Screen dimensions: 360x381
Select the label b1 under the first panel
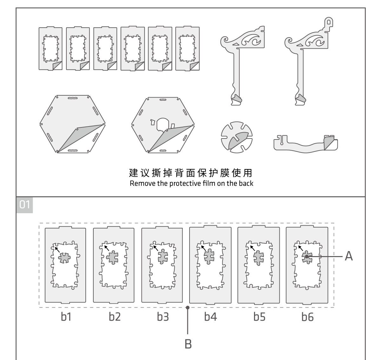tap(66, 317)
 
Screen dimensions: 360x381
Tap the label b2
tap(115, 317)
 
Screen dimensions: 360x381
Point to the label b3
tap(163, 317)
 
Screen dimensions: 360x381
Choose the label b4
tap(211, 317)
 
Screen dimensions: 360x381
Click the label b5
tap(259, 317)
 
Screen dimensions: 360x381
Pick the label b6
tap(307, 317)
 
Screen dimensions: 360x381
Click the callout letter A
tap(349, 256)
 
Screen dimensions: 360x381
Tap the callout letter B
tap(188, 344)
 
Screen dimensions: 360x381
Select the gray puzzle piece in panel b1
tap(64, 257)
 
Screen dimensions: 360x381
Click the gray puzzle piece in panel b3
tap(163, 256)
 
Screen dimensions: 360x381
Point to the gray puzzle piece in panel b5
tap(258, 257)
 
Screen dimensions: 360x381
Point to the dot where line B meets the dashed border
tap(188, 307)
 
